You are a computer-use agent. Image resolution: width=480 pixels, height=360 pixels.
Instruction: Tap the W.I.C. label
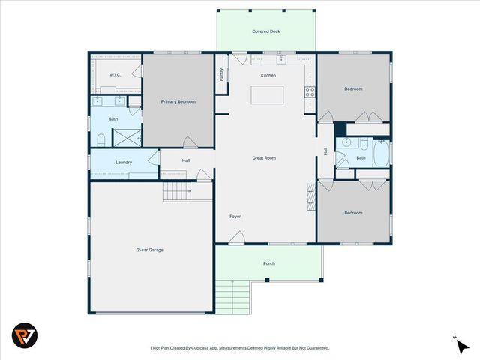click(115, 74)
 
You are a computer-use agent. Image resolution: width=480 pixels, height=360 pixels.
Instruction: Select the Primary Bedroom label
click(178, 100)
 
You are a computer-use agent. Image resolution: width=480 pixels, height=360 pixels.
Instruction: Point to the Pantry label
click(222, 74)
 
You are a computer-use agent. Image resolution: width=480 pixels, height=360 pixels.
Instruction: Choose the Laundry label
click(124, 163)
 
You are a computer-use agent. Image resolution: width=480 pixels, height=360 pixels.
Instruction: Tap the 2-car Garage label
click(150, 250)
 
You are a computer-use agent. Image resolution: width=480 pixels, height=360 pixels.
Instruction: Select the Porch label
click(268, 263)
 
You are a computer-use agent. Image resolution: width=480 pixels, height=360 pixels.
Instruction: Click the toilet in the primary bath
click(100, 138)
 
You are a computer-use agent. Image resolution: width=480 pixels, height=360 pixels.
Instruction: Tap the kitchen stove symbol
click(308, 93)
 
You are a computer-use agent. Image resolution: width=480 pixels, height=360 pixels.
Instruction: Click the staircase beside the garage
click(178, 192)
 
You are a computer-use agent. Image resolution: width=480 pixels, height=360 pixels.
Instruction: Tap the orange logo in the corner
click(24, 335)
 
